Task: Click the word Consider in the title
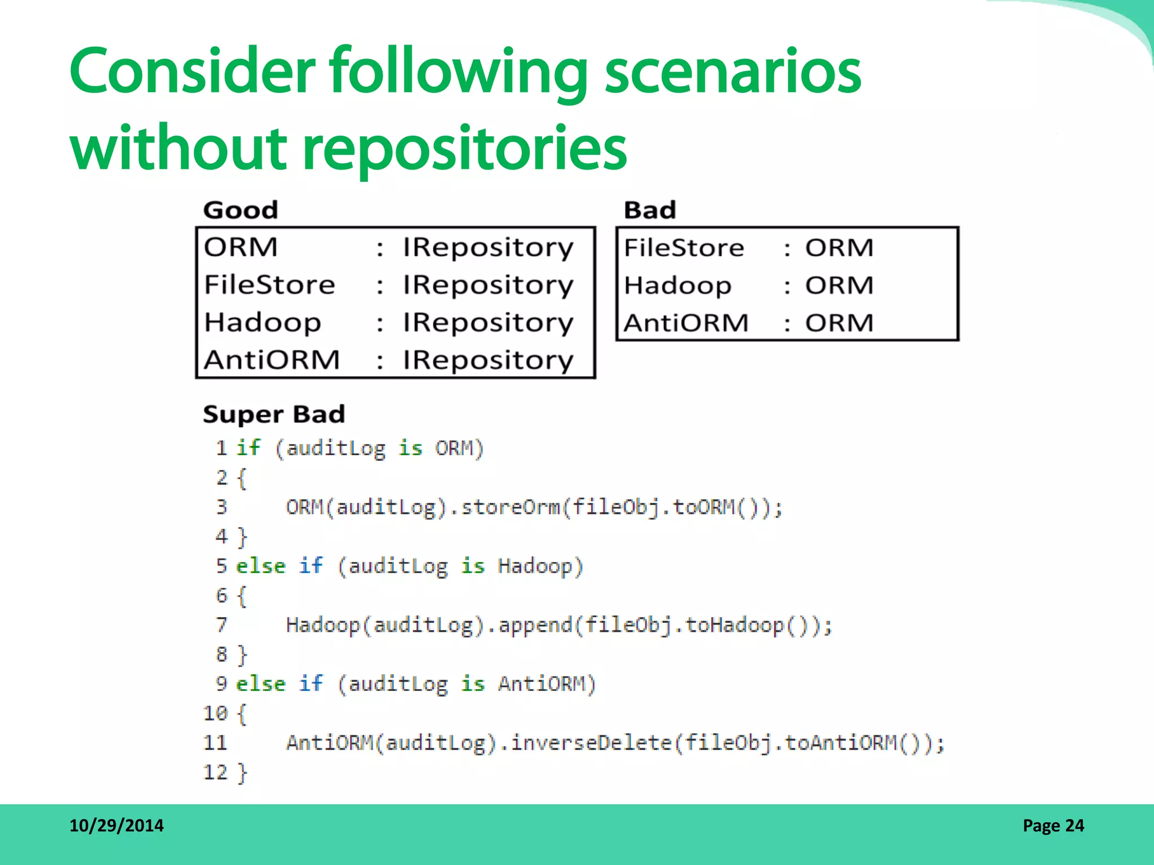192,72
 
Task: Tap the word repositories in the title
464,148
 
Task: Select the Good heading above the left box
241,210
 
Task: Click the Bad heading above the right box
650,210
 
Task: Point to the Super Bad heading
274,414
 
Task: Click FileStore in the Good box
269,284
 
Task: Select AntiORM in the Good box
272,360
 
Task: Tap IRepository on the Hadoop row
488,323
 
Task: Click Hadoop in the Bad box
677,286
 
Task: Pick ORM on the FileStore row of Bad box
839,248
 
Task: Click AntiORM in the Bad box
686,323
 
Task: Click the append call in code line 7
535,625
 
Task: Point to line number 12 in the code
215,772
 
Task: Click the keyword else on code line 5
260,566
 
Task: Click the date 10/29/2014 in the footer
116,826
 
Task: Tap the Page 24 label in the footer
1053,826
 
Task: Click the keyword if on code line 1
248,448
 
